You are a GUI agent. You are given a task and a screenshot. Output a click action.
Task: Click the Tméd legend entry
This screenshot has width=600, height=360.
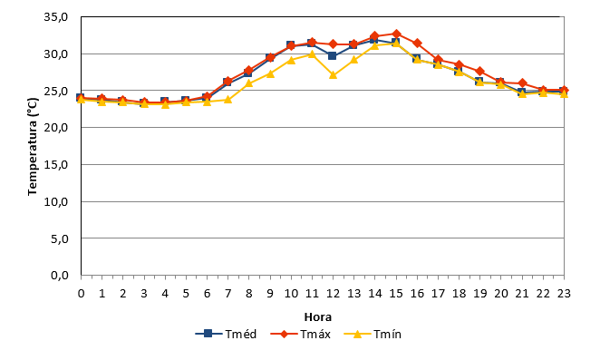pyautogui.click(x=226, y=334)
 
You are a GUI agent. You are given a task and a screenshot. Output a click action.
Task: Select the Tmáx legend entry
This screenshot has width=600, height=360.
pyautogui.click(x=300, y=334)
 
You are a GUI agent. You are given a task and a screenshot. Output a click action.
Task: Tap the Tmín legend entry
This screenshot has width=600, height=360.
pyautogui.click(x=373, y=334)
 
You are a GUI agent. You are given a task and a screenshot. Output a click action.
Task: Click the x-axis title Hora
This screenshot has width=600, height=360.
pyautogui.click(x=318, y=317)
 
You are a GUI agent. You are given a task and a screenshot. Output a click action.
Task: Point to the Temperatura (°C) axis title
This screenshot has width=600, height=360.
pyautogui.click(x=33, y=146)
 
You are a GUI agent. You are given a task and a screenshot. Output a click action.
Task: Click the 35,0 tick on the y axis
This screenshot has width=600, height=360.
pyautogui.click(x=56, y=17)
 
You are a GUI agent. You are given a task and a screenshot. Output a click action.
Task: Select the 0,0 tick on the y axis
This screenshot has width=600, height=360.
pyautogui.click(x=59, y=275)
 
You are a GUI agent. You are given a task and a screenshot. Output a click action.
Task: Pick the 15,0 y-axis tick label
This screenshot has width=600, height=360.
pyautogui.click(x=56, y=164)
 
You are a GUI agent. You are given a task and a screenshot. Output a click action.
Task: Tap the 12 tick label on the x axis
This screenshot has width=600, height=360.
pyautogui.click(x=333, y=294)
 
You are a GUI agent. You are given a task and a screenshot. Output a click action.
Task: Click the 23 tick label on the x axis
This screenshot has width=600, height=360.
pyautogui.click(x=564, y=294)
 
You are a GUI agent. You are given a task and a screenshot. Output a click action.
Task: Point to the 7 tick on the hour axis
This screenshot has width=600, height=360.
pyautogui.click(x=228, y=294)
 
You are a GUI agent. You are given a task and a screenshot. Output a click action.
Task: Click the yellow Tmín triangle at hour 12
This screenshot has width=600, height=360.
pyautogui.click(x=333, y=75)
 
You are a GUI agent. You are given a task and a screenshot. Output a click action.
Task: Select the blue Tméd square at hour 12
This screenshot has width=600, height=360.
pyautogui.click(x=332, y=55)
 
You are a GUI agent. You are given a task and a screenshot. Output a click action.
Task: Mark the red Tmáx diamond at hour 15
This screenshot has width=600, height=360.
pyautogui.click(x=396, y=34)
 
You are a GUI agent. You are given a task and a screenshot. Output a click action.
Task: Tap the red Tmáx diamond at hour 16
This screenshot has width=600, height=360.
pyautogui.click(x=418, y=44)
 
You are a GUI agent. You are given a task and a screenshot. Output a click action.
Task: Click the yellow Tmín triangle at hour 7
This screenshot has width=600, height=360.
pyautogui.click(x=228, y=100)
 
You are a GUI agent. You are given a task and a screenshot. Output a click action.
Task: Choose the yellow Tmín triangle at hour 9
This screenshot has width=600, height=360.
pyautogui.click(x=270, y=73)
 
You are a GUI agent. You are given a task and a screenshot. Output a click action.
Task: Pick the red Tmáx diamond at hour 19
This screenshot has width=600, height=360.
pyautogui.click(x=480, y=72)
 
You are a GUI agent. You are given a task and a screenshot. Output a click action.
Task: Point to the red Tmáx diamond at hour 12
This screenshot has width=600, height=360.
pyautogui.click(x=333, y=44)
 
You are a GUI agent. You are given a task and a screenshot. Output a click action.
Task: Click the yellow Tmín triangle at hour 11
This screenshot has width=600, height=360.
pyautogui.click(x=312, y=54)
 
